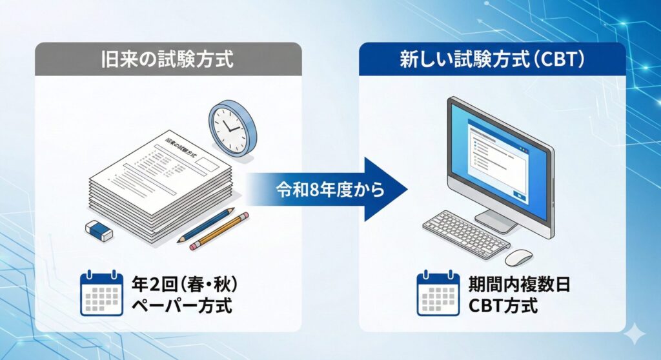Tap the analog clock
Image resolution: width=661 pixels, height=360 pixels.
[232, 125]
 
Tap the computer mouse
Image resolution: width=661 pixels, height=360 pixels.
[518, 257]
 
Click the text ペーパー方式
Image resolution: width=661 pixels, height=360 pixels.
[181, 305]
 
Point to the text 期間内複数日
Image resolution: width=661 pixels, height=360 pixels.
[518, 285]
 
